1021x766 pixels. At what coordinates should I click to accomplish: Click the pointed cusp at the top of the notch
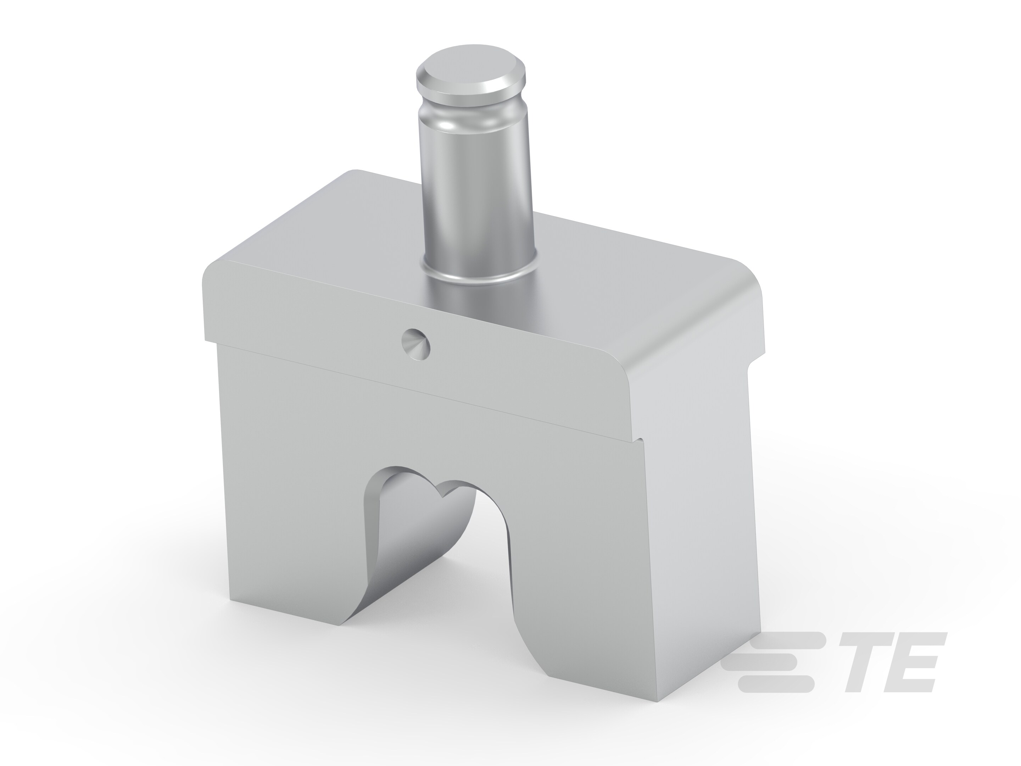(x=444, y=496)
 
